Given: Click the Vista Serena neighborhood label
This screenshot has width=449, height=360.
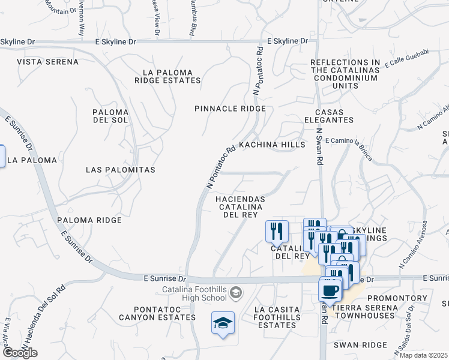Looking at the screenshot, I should coord(47,62).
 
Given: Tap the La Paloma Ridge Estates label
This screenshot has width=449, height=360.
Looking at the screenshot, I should coord(167,76).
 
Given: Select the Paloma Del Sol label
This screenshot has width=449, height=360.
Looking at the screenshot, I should coord(110,117).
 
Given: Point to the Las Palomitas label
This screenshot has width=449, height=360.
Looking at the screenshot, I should coord(121,170).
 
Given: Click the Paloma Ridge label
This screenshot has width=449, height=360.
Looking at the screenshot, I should coord(89,220).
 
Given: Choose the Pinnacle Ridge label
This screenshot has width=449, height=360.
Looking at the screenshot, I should coord(230,109).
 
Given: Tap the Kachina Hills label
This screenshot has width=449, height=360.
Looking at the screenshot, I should coord(272,145).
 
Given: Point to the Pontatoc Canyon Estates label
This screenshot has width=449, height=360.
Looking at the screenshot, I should coord(157,313).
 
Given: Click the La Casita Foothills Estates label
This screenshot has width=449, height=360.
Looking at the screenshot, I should coord(276,317).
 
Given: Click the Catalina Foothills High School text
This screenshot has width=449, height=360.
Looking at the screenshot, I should coord(193,295).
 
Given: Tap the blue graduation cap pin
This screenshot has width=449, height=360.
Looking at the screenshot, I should coord(223,323).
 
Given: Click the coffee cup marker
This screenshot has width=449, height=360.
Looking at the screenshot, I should coord(330,291).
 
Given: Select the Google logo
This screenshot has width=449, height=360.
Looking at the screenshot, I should coord(20,353).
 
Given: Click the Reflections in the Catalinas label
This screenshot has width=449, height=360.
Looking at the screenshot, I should coord(345,74).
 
